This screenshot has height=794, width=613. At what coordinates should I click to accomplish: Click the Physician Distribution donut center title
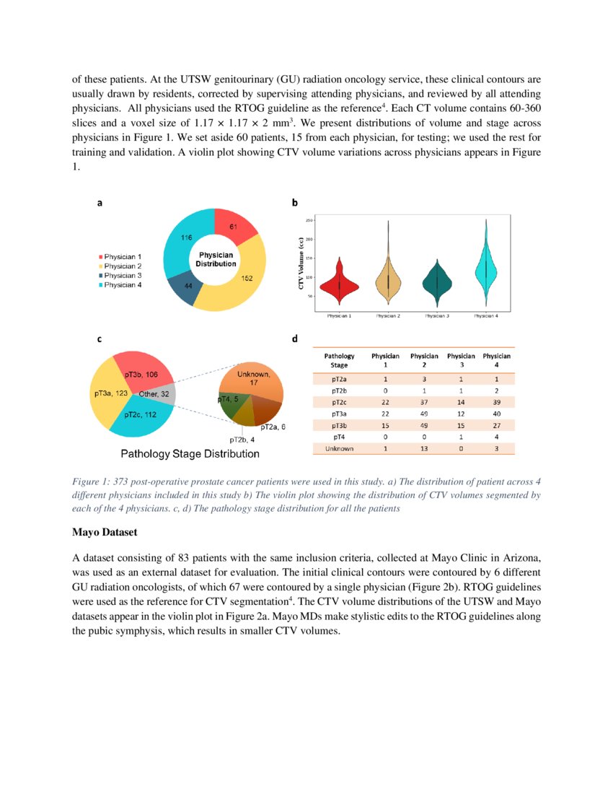click(216, 259)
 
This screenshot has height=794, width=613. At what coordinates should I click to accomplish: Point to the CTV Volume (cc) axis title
click(301, 264)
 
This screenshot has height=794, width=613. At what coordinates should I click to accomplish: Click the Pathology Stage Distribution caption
click(190, 454)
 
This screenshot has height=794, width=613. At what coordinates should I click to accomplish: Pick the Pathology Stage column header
click(339, 361)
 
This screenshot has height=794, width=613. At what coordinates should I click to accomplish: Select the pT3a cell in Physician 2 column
click(423, 414)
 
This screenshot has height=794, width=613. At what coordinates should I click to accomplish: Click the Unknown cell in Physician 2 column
click(423, 449)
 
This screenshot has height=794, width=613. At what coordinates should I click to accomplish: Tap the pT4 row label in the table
click(339, 437)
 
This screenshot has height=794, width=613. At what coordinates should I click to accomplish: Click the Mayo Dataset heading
click(106, 533)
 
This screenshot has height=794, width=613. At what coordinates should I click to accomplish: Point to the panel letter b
click(295, 204)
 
